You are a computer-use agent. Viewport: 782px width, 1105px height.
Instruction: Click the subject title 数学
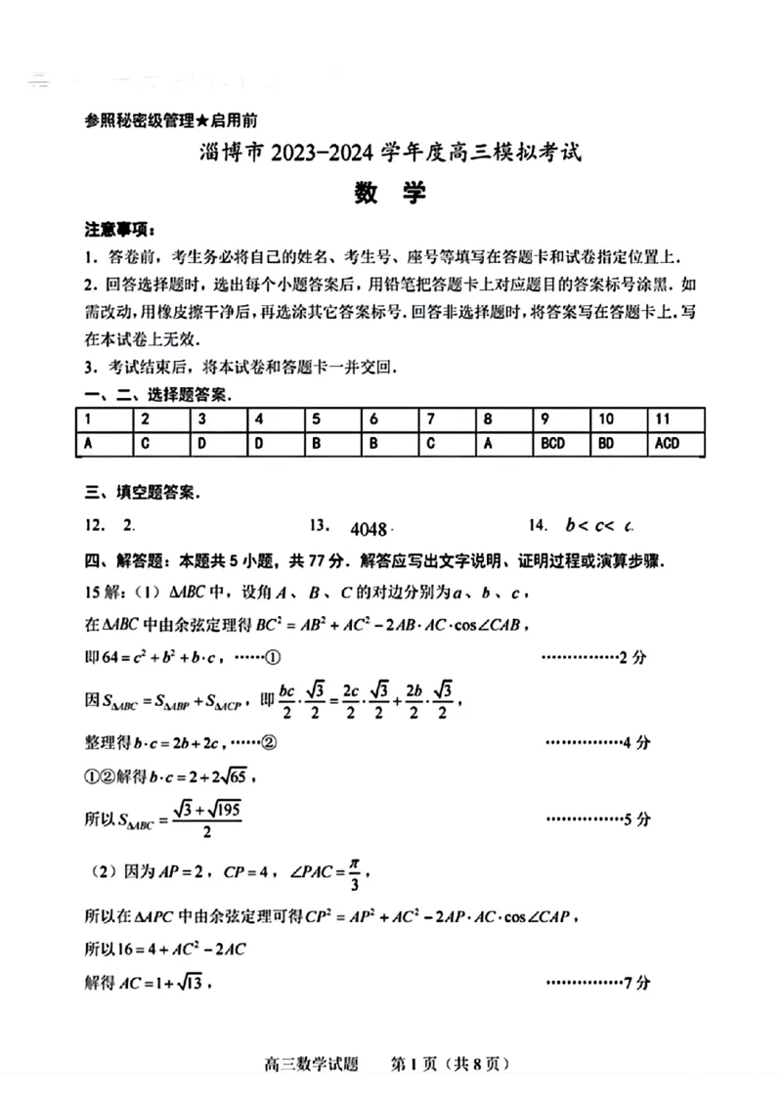tap(390, 194)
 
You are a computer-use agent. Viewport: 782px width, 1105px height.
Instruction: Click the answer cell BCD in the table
tap(552, 443)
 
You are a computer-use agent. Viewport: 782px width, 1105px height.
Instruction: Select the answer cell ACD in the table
tap(668, 443)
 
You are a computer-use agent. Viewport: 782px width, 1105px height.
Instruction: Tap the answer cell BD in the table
tap(606, 443)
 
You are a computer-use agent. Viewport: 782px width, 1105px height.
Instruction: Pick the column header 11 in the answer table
tap(664, 419)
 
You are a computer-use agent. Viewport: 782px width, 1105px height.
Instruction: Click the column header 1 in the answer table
tap(89, 419)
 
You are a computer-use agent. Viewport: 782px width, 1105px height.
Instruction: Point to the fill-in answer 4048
tap(369, 529)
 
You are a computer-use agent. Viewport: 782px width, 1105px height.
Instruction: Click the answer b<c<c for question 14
tap(599, 526)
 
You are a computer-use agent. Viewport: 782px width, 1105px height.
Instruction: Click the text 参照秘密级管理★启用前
tap(171, 121)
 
